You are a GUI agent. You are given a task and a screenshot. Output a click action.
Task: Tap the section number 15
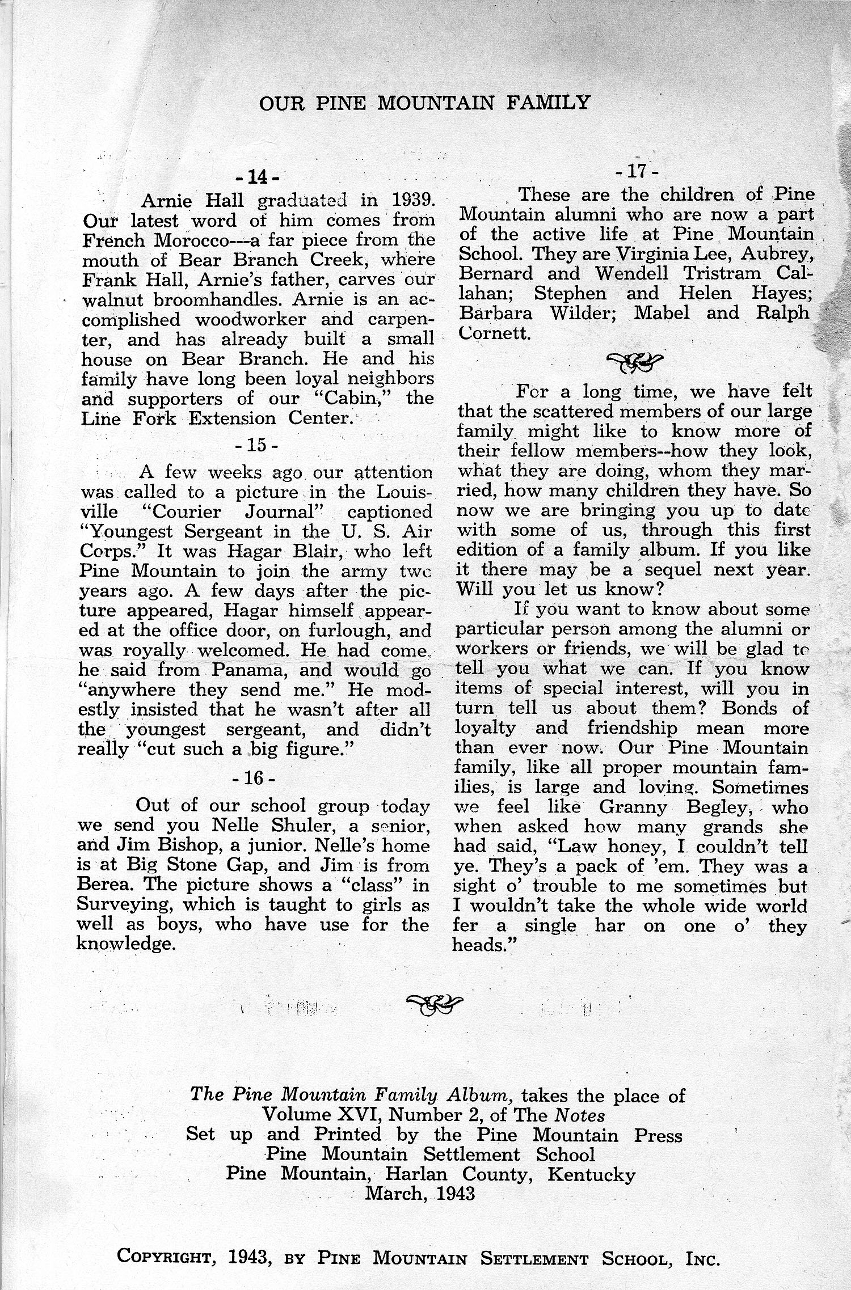(x=256, y=444)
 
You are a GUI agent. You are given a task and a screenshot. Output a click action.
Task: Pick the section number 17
(x=638, y=171)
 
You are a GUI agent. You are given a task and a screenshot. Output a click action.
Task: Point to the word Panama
(x=250, y=671)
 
